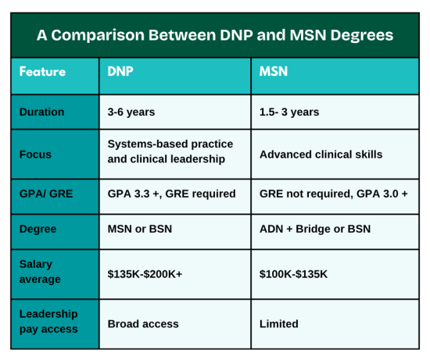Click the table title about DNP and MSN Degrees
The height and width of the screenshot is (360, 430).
tap(215, 36)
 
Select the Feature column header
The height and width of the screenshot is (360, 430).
tap(43, 72)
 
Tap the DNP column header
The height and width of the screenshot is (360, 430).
tap(120, 72)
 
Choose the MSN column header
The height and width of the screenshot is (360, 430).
tap(274, 72)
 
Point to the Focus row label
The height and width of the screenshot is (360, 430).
tap(36, 154)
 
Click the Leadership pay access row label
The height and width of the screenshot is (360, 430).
tap(48, 322)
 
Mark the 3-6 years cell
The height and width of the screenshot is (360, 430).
tap(131, 112)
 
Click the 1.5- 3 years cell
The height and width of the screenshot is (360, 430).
tap(289, 112)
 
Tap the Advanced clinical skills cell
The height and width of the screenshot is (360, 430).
tap(321, 154)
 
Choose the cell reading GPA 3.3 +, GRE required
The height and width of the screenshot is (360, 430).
tap(171, 194)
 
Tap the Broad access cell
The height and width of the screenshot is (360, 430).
tap(143, 323)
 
